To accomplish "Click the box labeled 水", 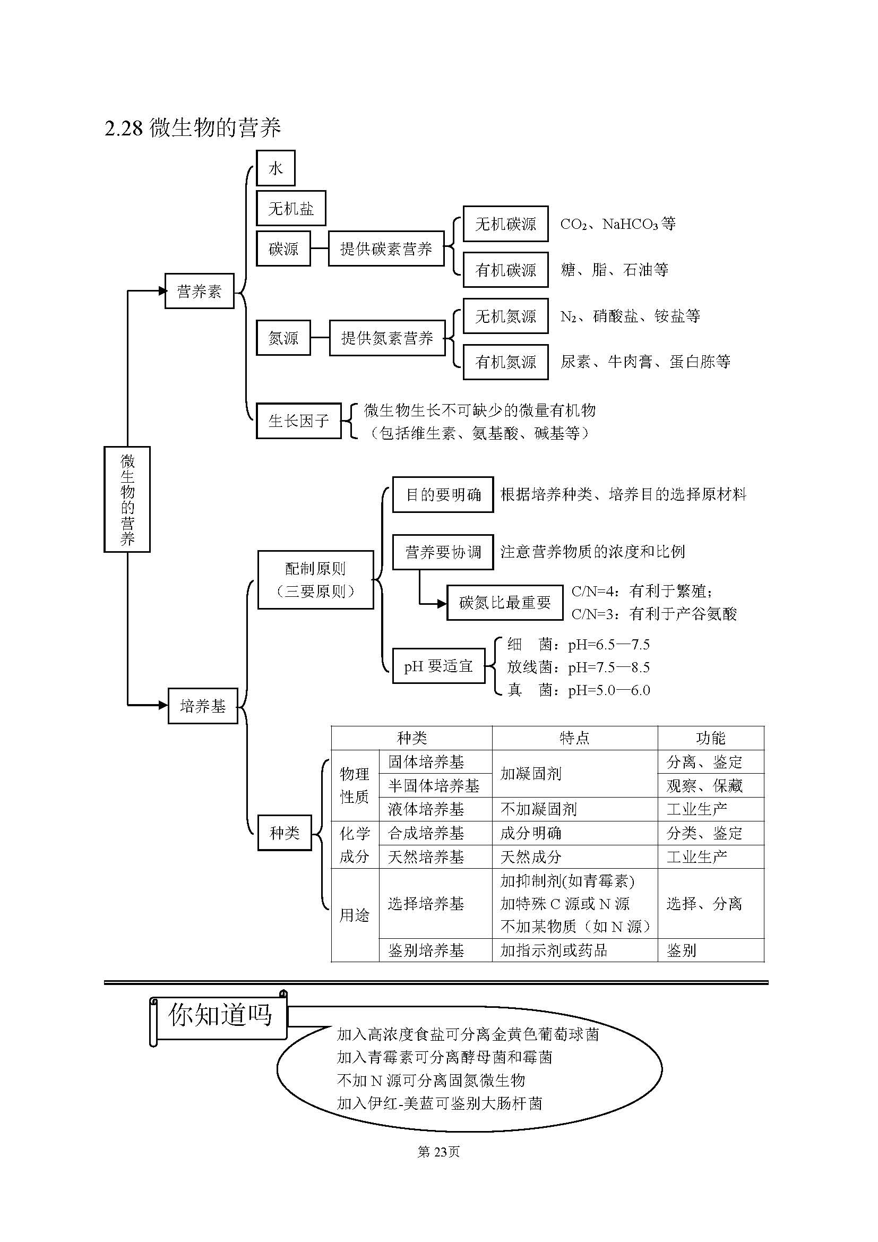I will [x=275, y=168].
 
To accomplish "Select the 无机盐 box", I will [x=290, y=208].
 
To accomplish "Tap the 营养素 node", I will [x=199, y=292].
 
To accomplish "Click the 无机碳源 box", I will [x=505, y=224].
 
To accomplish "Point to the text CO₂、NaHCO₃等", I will [x=617, y=224].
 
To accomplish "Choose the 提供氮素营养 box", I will [x=386, y=338].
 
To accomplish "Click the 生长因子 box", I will [x=298, y=421].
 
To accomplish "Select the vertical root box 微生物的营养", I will [x=127, y=499].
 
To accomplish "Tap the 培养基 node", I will [x=202, y=705].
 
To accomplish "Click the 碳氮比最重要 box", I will [x=504, y=602].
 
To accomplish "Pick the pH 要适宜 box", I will [x=438, y=666].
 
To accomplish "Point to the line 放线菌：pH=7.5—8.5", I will [x=578, y=667].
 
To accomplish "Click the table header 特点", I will [x=574, y=738].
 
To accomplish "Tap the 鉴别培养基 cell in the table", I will [x=426, y=950].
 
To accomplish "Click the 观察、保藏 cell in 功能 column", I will [x=704, y=785].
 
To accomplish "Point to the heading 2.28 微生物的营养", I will [x=193, y=128].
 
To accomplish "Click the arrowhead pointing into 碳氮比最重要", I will [x=442, y=603].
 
